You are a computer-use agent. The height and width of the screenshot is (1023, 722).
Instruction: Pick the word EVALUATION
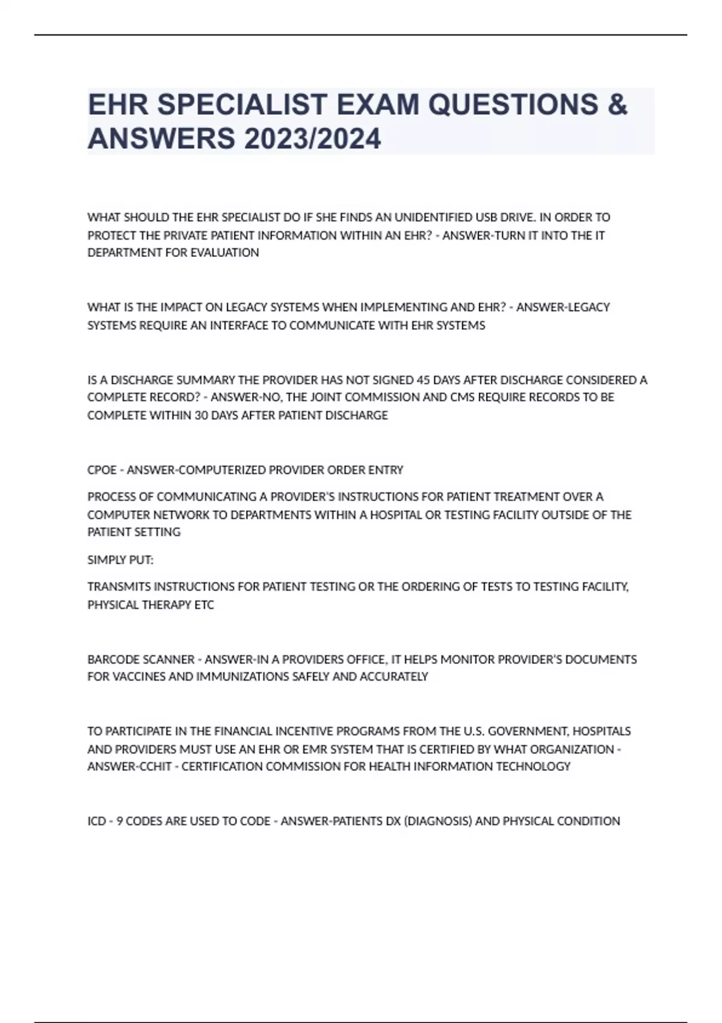pyautogui.click(x=224, y=253)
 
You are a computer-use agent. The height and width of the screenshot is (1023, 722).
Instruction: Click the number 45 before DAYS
pyautogui.click(x=424, y=380)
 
